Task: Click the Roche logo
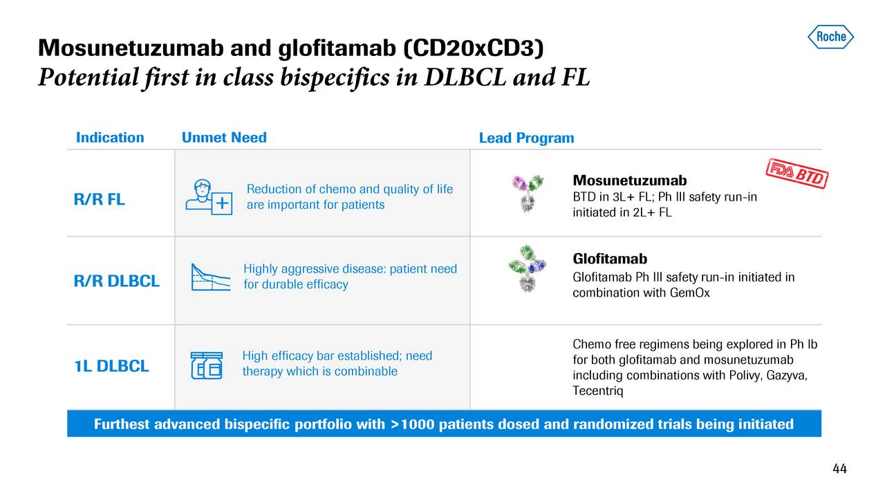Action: coord(830,37)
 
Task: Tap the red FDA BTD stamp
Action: coord(797,174)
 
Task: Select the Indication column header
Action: coord(110,138)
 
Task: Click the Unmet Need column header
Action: coord(224,138)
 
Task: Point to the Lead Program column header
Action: coord(526,138)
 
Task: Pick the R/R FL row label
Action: coord(99,199)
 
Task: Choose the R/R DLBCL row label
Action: coord(117,281)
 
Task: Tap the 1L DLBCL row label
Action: coord(112,366)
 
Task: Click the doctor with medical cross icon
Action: coord(209,197)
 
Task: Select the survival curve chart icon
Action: coord(211,277)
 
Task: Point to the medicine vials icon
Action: coord(207,366)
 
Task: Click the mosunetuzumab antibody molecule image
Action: coord(528,194)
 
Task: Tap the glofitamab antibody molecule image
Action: coord(527,269)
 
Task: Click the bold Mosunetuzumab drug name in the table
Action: coord(630,181)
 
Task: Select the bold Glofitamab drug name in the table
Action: coord(610,259)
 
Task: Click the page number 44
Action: coord(839,469)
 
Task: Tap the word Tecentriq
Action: coord(598,391)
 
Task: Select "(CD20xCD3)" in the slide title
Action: coord(474,48)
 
